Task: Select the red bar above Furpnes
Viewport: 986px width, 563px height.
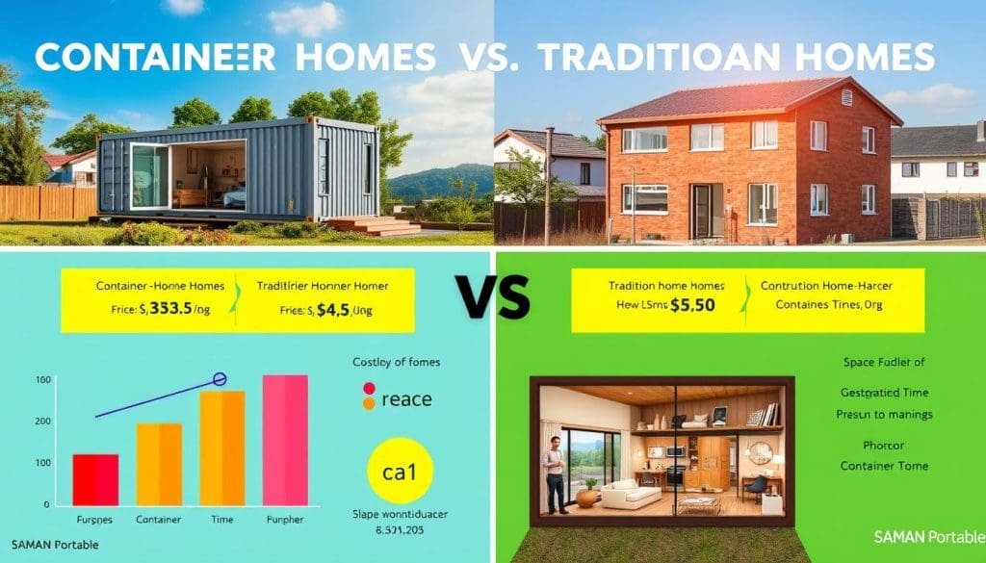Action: [95, 478]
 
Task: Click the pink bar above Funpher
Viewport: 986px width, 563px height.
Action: [285, 439]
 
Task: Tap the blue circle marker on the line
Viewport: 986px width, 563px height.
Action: [219, 379]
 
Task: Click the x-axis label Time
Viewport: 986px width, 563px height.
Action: [222, 519]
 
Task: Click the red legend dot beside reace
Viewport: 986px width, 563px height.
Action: [367, 389]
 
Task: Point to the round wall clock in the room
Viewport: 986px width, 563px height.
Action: [759, 453]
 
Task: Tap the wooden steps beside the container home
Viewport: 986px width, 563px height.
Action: [381, 225]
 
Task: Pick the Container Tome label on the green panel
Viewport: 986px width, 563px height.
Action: [884, 466]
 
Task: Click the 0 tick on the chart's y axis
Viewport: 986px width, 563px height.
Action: [46, 503]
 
